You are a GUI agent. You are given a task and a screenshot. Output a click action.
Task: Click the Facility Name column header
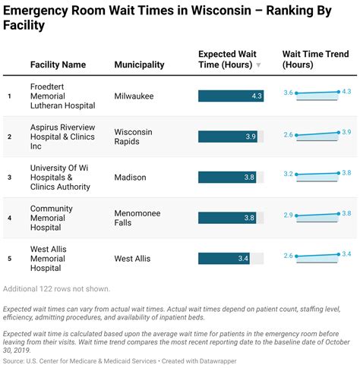click(x=58, y=64)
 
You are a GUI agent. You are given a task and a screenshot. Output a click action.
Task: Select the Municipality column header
click(x=139, y=64)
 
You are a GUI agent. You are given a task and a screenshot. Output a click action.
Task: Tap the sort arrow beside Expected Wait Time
click(x=258, y=65)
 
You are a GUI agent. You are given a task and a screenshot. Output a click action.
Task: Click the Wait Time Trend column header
click(x=315, y=59)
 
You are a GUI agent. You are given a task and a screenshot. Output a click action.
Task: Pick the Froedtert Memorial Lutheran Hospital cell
click(x=62, y=96)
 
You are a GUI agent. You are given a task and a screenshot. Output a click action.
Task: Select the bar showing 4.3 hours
click(x=231, y=96)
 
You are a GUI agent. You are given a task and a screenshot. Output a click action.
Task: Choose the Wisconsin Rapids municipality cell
click(x=134, y=137)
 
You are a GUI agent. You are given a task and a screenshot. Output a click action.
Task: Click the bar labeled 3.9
click(x=228, y=137)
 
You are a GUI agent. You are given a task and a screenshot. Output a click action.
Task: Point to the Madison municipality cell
click(x=131, y=178)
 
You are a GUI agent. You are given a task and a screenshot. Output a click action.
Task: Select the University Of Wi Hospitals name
click(x=60, y=178)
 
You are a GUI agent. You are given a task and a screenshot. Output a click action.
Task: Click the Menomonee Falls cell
click(x=137, y=219)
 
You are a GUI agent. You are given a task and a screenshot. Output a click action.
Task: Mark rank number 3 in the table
click(x=10, y=178)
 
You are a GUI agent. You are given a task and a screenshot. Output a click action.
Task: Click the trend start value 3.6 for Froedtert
click(x=288, y=93)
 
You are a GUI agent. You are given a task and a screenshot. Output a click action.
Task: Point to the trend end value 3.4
click(x=347, y=253)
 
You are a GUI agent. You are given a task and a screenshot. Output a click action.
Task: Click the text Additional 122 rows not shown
click(x=57, y=288)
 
